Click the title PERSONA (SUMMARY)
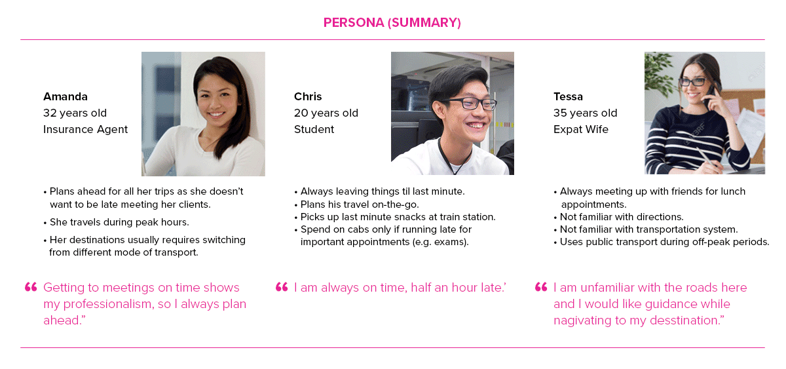tap(392, 23)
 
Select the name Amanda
tap(65, 96)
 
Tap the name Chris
tap(308, 96)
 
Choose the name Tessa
tap(568, 96)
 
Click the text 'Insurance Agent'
tap(85, 130)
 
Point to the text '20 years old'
tap(326, 113)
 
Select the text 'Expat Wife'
tap(581, 130)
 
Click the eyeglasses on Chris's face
tap(468, 103)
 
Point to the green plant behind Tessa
tap(660, 73)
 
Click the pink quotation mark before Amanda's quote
tap(31, 287)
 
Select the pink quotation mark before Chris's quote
tap(282, 287)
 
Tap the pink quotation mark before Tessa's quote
tap(541, 287)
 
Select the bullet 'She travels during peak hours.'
tap(116, 222)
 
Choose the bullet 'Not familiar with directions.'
tap(618, 217)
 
